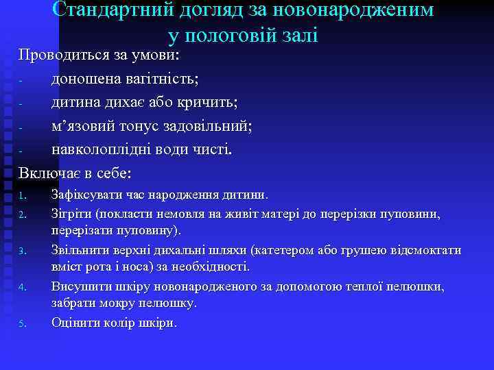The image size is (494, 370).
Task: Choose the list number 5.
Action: pyautogui.click(x=22, y=323)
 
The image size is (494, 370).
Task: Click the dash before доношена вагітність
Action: pyautogui.click(x=21, y=81)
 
